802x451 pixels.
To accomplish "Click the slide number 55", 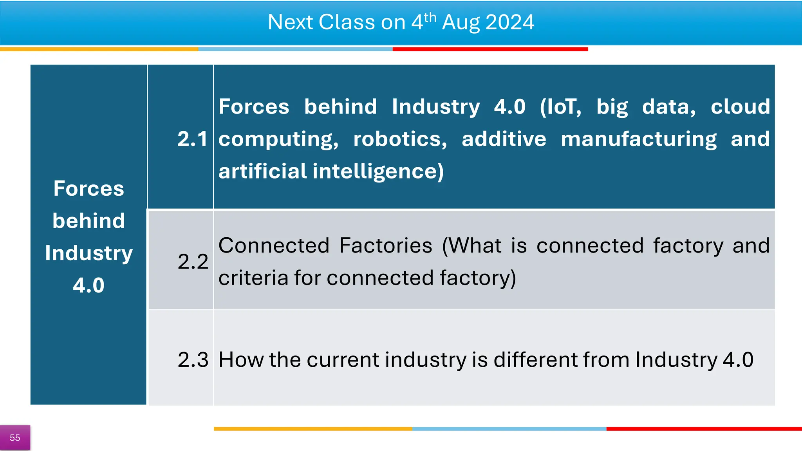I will (15, 438).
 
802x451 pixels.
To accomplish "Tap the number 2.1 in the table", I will (192, 139).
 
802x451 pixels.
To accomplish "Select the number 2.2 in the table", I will (193, 262).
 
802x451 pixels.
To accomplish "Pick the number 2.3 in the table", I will (193, 359).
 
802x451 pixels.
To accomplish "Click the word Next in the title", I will (290, 22).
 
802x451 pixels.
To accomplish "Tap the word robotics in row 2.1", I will (400, 139).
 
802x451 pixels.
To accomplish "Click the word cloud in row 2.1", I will (740, 106).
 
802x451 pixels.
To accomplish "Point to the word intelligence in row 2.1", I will (378, 171).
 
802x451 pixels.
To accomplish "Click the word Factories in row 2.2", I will (386, 246).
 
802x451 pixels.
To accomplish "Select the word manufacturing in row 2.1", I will (638, 139).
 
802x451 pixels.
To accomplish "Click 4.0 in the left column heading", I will (89, 285).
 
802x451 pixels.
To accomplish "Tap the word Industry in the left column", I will (89, 253).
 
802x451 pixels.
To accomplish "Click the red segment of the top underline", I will (490, 49).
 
